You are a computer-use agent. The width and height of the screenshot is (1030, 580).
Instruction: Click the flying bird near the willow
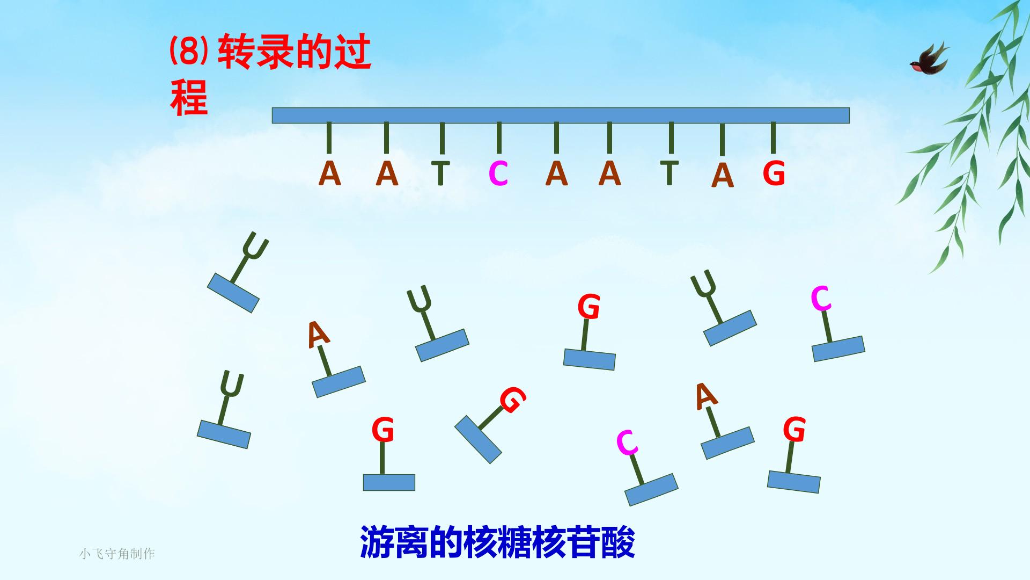[x=929, y=58]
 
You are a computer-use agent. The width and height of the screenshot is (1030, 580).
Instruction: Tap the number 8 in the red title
[x=188, y=53]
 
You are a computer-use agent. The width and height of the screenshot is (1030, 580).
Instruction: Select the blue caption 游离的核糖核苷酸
[x=497, y=542]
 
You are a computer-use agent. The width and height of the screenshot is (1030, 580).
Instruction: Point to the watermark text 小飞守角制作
[x=117, y=554]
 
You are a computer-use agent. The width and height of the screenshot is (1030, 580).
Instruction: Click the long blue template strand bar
[x=561, y=115]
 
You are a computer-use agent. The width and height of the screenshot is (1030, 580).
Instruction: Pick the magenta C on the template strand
[x=498, y=173]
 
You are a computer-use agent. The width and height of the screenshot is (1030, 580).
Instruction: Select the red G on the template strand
[x=774, y=173]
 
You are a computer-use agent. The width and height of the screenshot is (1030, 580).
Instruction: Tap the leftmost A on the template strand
[x=329, y=173]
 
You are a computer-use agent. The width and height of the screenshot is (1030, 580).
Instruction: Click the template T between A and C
[x=441, y=172]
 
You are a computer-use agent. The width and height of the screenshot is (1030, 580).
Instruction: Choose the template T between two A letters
[x=669, y=172]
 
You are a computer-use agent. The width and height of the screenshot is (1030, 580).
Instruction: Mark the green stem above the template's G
[x=773, y=138]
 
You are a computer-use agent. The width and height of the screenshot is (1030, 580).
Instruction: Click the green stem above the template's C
[x=499, y=138]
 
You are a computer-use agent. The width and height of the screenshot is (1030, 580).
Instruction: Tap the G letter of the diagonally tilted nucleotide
[x=512, y=399]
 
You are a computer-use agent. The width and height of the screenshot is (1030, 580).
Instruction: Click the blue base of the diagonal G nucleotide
[x=478, y=439]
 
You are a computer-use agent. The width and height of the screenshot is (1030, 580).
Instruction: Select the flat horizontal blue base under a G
[x=389, y=482]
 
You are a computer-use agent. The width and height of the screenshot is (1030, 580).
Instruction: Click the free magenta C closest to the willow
[x=821, y=298]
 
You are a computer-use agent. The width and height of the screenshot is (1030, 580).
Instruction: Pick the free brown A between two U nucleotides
[x=318, y=334]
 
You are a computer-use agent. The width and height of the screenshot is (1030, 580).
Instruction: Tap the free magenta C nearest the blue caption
[x=627, y=443]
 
